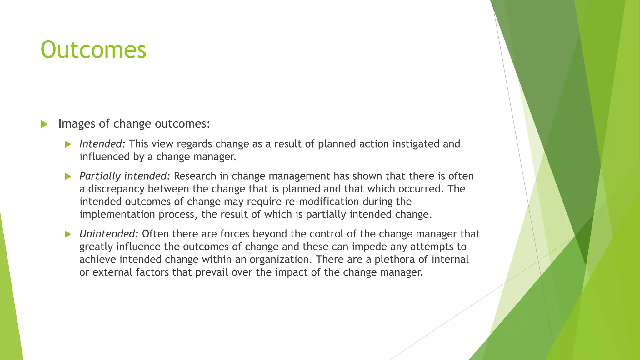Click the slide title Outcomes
pos(93,50)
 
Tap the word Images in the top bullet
pos(77,124)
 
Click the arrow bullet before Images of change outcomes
pos(44,124)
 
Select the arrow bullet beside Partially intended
pos(68,177)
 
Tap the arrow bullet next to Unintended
pos(68,234)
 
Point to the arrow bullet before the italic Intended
pos(68,144)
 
